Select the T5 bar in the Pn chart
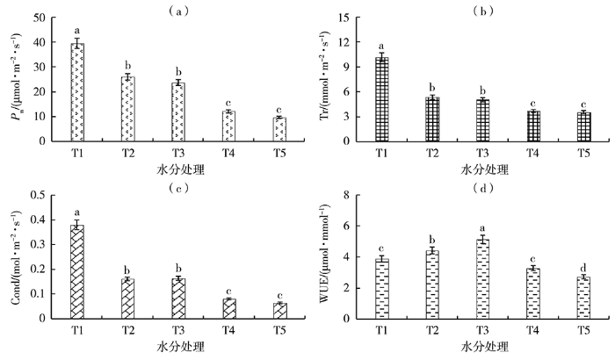[x=279, y=129]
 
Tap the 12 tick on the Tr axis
[x=344, y=42]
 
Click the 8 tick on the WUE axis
[x=345, y=195]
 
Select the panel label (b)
[x=483, y=11]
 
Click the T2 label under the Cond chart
[x=128, y=329]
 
